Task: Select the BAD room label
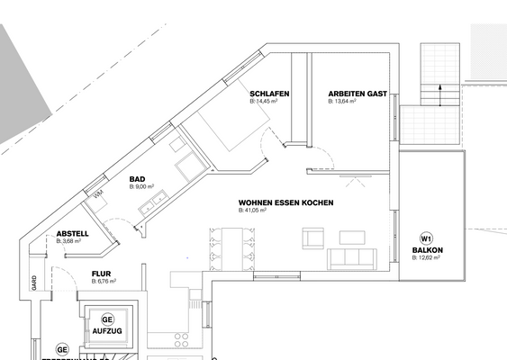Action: (138, 179)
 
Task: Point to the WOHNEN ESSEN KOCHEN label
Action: (285, 202)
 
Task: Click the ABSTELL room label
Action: (72, 233)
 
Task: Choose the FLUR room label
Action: (101, 273)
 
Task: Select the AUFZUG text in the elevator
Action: (106, 331)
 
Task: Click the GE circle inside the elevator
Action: (107, 319)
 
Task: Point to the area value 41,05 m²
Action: (254, 211)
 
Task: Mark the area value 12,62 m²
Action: (428, 258)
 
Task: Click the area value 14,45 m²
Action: (264, 102)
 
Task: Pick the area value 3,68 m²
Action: (71, 241)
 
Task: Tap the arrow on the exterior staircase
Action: (439, 88)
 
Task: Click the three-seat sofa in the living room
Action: (352, 258)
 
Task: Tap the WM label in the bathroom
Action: (97, 193)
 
